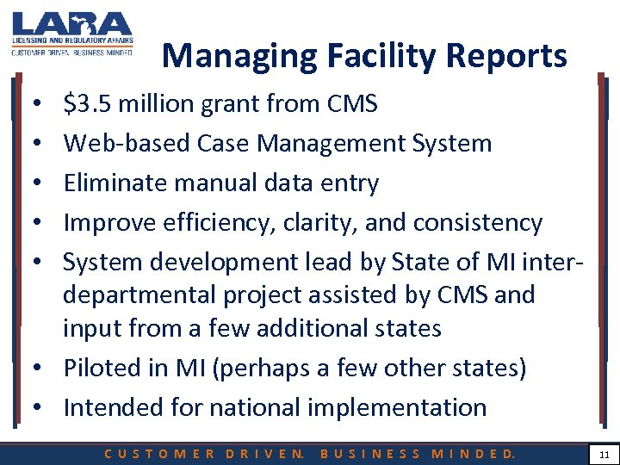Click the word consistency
coord(478,223)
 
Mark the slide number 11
coord(603,452)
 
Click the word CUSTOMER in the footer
coord(160,453)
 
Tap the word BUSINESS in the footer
coord(370,453)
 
